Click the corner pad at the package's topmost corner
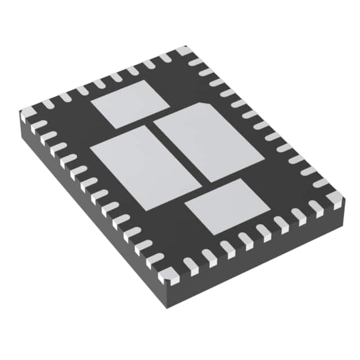[x=183, y=51]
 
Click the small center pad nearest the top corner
[x=130, y=104]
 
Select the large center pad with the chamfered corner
[x=209, y=141]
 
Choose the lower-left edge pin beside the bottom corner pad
[x=155, y=261]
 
